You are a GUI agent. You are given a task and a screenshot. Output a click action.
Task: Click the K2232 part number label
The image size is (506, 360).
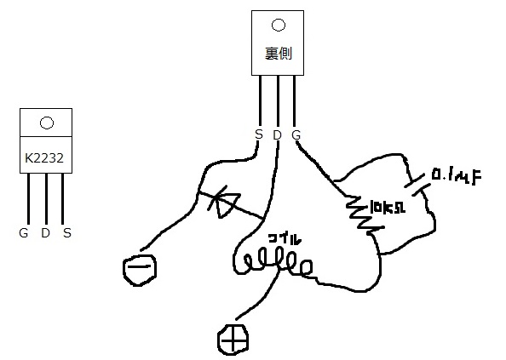[x=44, y=158]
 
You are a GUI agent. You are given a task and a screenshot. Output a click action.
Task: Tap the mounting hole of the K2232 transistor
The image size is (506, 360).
[x=47, y=123]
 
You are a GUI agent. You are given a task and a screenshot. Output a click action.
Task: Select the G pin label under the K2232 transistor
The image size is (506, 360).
[x=24, y=232]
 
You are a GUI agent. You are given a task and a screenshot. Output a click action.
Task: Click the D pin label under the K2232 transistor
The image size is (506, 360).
[x=45, y=232]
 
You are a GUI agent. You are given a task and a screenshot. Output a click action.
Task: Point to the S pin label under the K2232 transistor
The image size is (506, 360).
[x=66, y=232]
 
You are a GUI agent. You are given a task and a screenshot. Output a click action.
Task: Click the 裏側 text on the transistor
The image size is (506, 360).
[x=279, y=53]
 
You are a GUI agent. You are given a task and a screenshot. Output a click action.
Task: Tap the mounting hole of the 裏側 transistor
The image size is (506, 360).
[x=279, y=25]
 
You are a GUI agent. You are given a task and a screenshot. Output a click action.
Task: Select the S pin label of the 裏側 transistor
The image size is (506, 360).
[x=259, y=134]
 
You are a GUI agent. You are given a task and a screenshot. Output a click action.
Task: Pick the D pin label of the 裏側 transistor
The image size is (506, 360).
[x=277, y=134]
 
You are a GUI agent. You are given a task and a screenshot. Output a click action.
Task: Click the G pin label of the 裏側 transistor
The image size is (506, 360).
[x=296, y=134]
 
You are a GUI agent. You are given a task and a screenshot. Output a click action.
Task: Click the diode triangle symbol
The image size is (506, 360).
[x=225, y=203]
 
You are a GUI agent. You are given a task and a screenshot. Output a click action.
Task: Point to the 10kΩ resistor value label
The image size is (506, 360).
[x=388, y=207]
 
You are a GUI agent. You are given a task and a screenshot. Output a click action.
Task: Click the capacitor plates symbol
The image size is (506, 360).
[x=417, y=186]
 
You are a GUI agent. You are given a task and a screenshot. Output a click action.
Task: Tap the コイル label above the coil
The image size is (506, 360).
[x=285, y=239]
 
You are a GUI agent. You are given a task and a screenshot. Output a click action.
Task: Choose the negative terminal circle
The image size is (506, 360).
[x=140, y=270]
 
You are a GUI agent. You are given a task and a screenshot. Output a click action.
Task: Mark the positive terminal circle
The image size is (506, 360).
[x=233, y=340]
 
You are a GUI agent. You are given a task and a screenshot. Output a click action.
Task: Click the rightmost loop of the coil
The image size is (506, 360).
[x=306, y=267]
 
